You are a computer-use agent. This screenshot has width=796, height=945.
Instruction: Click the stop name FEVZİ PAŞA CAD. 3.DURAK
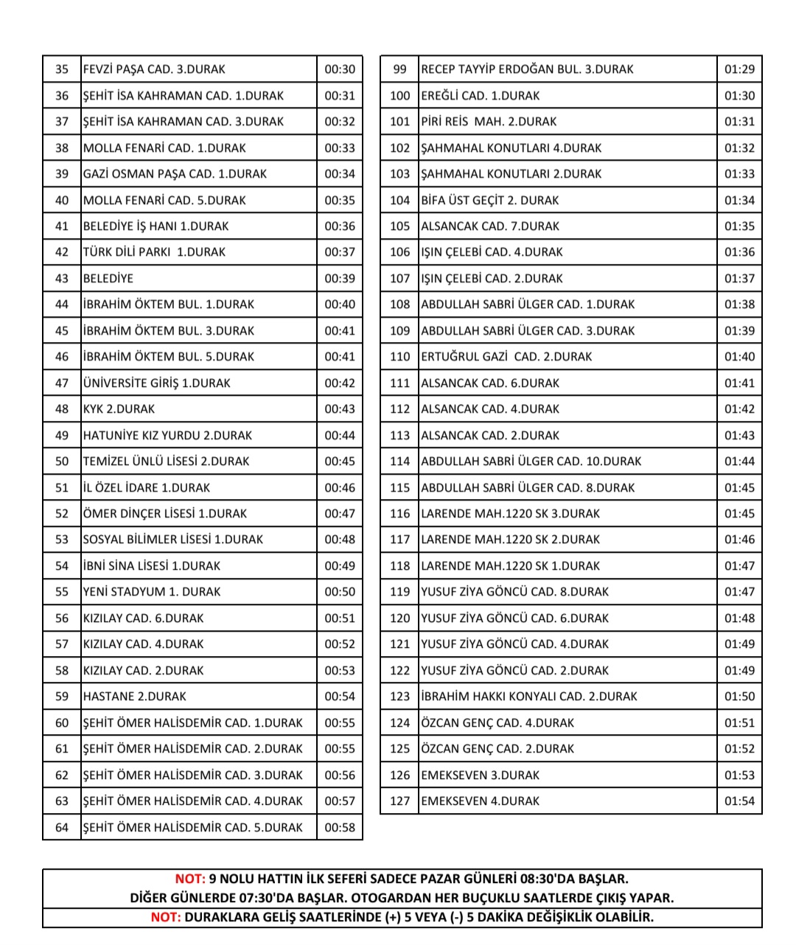154,69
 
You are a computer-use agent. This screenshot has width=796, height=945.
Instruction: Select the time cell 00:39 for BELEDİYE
340,279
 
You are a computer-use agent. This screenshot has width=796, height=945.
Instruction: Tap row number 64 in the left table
62,828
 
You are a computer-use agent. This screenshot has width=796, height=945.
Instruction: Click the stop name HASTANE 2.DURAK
135,697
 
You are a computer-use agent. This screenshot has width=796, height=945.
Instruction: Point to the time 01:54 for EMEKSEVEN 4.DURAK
739,801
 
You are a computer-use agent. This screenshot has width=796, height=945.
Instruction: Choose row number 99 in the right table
399,69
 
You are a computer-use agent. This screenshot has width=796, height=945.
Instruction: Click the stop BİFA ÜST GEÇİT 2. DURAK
489,200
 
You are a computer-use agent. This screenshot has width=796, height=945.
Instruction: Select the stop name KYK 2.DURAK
119,409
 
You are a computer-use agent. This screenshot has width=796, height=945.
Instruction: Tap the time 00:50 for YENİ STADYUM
340,592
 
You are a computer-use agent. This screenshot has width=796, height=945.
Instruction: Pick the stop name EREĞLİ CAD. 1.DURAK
480,96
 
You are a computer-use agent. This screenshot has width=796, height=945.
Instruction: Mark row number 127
399,801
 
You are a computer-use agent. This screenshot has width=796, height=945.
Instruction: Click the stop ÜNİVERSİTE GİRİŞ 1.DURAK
156,383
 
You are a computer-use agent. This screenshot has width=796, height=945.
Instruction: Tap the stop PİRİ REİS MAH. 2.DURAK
489,122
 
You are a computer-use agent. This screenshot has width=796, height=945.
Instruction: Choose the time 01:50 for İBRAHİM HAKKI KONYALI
739,697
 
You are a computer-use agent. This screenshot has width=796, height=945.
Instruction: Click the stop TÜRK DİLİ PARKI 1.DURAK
156,252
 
